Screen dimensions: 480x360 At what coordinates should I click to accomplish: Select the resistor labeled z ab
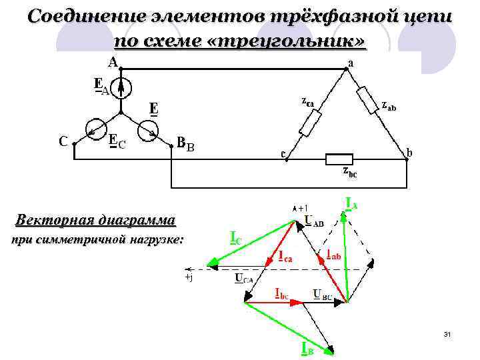tap(369, 99)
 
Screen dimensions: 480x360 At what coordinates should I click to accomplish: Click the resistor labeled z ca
tap(311, 123)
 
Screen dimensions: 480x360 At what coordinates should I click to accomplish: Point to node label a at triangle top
tap(350, 64)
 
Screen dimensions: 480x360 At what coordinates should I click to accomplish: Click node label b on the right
tap(409, 153)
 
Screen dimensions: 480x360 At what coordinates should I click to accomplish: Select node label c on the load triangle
tap(283, 155)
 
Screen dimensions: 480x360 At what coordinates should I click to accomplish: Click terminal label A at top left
tap(113, 62)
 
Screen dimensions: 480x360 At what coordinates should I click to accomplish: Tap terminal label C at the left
tap(62, 141)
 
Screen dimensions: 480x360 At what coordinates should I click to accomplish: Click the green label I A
tap(351, 202)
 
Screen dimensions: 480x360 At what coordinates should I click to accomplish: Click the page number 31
tap(447, 333)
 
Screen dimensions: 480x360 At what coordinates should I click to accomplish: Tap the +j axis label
tap(188, 277)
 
